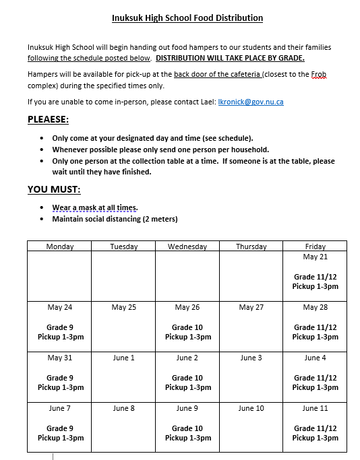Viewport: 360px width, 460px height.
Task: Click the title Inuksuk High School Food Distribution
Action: (x=187, y=18)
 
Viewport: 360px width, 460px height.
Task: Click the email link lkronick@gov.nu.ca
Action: (x=251, y=102)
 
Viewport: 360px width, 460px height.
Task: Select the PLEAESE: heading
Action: (x=48, y=119)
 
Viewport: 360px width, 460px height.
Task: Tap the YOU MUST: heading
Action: (x=54, y=189)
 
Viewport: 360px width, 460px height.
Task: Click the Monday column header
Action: (x=60, y=247)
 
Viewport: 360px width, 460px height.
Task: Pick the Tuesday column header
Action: (x=123, y=247)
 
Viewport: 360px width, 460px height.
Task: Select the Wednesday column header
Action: (x=187, y=247)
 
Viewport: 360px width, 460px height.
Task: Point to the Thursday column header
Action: (x=251, y=247)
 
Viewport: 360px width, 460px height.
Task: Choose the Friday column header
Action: (x=315, y=247)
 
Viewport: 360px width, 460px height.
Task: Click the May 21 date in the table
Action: (x=315, y=257)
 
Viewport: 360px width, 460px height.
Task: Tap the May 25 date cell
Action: (x=123, y=308)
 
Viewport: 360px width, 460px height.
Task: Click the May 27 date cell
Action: (x=251, y=308)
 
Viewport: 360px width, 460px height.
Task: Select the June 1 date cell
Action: (x=123, y=358)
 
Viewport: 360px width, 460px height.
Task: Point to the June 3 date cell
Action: (x=251, y=358)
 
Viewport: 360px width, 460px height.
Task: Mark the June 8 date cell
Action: (x=123, y=409)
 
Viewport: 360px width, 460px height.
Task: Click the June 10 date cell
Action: (x=251, y=409)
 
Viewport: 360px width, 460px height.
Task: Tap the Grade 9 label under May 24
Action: (x=60, y=327)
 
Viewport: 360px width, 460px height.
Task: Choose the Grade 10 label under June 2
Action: (x=187, y=378)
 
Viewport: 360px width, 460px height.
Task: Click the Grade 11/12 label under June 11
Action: (x=315, y=428)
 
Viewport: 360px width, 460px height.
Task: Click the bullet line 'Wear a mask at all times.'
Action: (x=95, y=207)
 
